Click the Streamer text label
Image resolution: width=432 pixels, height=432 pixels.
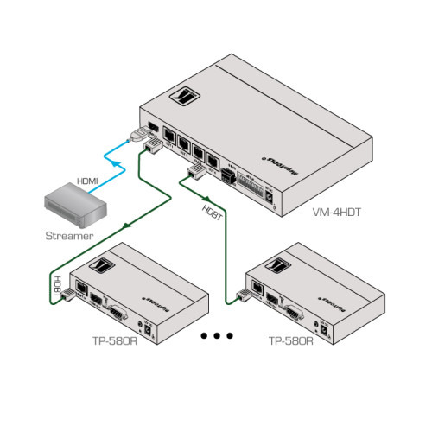pos(67,235)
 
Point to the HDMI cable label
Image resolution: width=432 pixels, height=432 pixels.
pos(87,181)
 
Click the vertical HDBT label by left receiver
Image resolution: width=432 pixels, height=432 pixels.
pos(58,286)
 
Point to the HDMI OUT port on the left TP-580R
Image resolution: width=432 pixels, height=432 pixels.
pos(98,302)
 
